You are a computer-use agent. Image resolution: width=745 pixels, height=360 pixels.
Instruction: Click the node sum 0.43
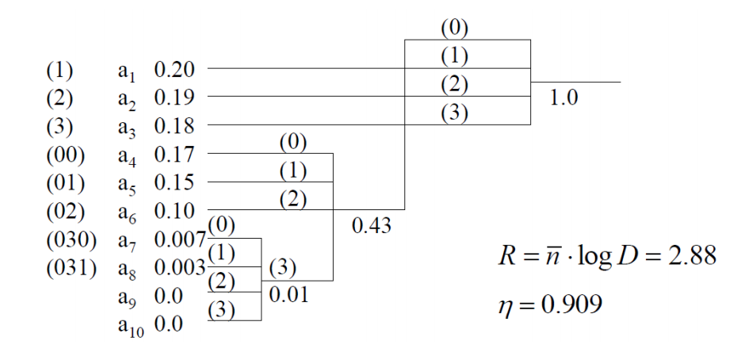click(x=372, y=225)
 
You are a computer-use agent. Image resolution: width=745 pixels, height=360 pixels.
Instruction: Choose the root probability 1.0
click(x=564, y=98)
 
